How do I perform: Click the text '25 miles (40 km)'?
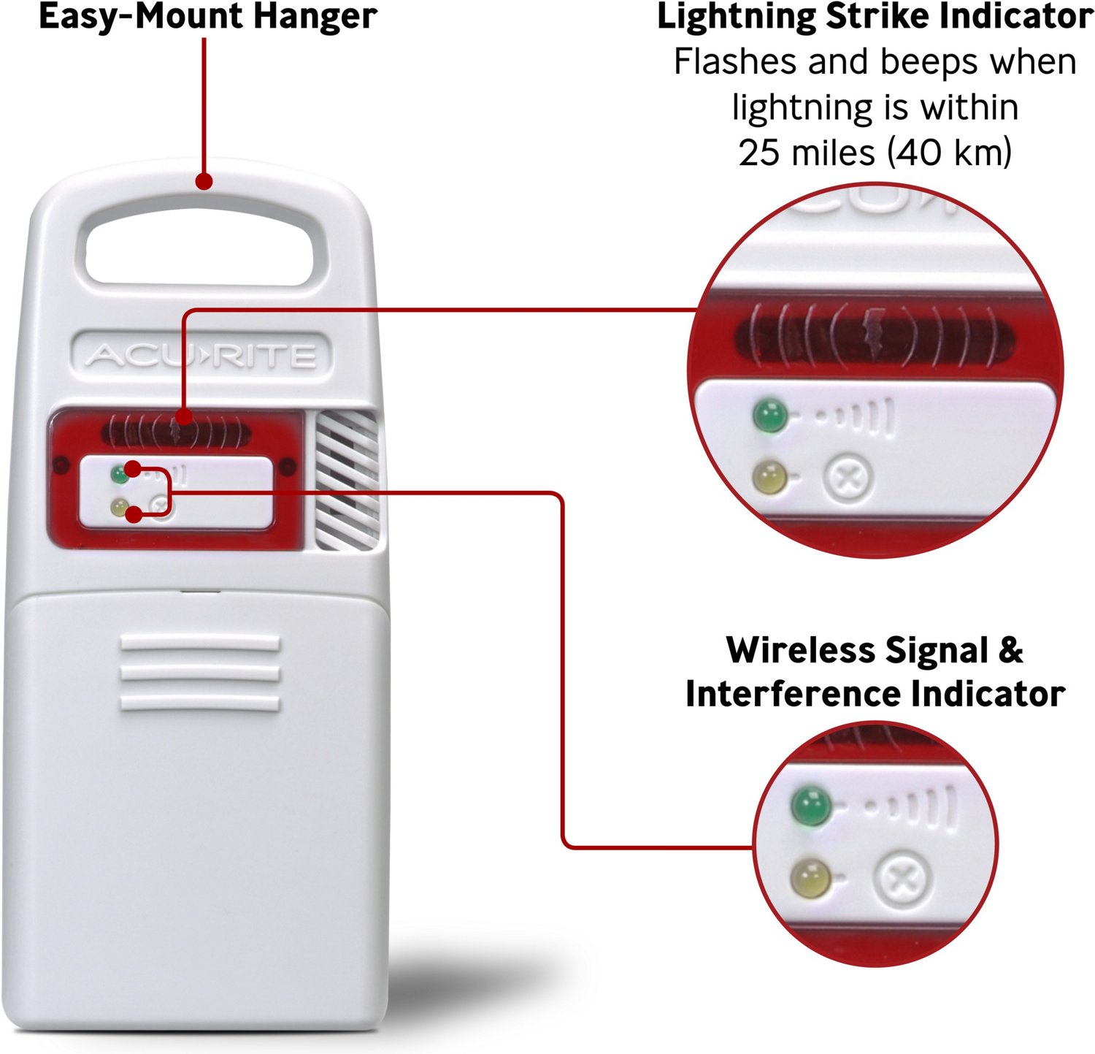(875, 153)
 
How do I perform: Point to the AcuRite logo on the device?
(201, 356)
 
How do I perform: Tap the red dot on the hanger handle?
(204, 180)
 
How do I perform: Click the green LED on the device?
(118, 474)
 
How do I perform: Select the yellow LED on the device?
(118, 506)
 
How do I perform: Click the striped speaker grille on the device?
(346, 480)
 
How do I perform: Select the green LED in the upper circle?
(771, 414)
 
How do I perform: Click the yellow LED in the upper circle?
(769, 477)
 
